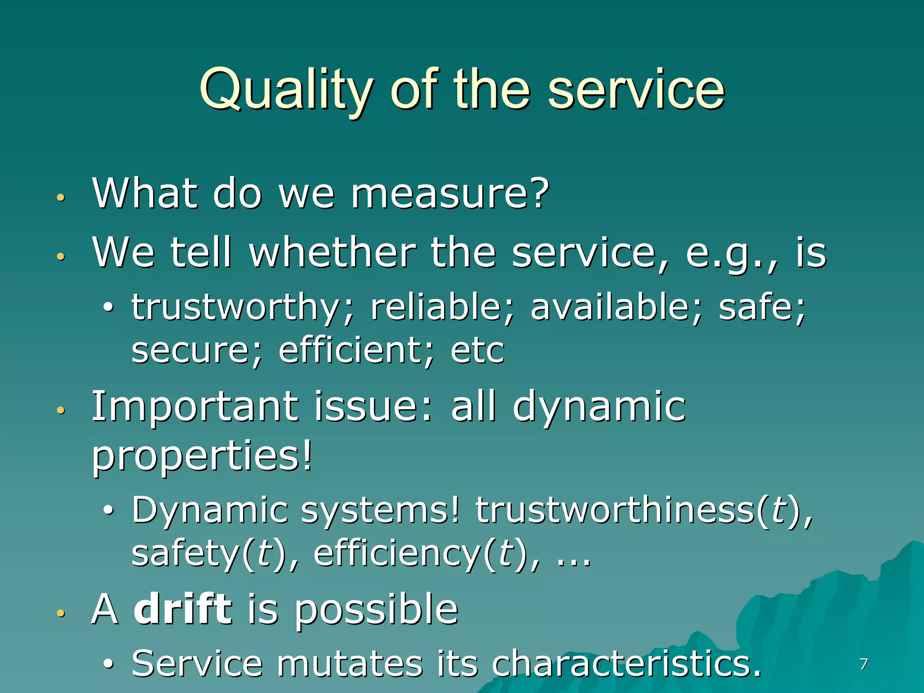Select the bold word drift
point(183,609)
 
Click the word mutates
point(350,663)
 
